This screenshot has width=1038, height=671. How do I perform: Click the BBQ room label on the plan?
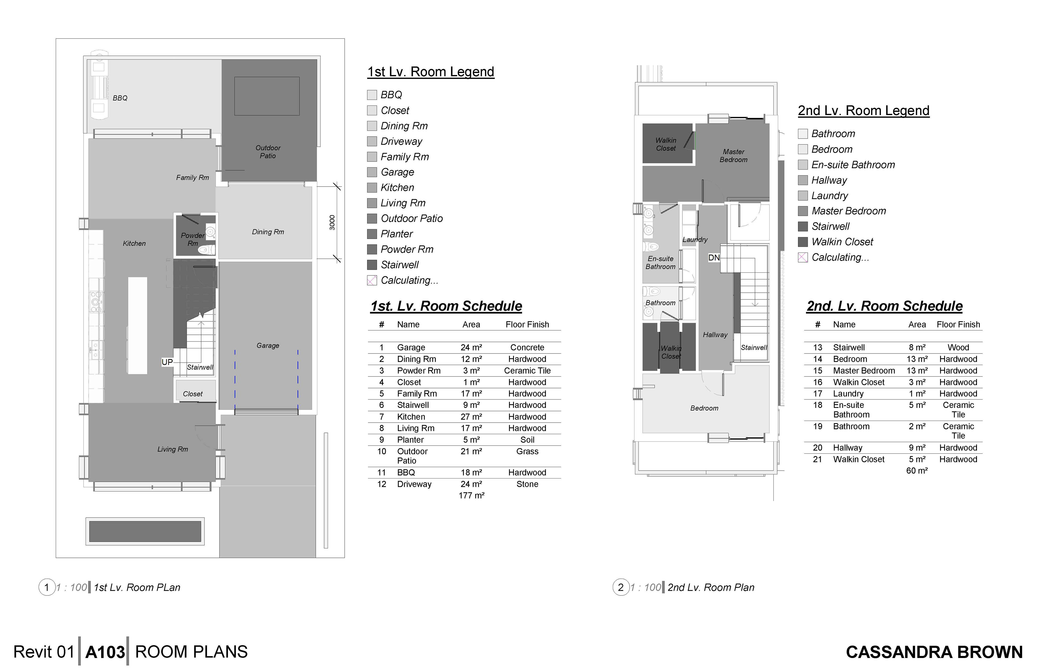[x=120, y=98]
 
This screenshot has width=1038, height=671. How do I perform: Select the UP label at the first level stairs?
[x=167, y=362]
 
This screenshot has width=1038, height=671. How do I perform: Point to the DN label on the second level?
[x=714, y=258]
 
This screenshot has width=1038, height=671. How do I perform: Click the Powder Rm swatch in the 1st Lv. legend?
[x=372, y=250]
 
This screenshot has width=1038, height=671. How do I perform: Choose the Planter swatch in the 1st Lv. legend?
[x=372, y=234]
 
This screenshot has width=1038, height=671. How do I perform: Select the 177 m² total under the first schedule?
[x=471, y=495]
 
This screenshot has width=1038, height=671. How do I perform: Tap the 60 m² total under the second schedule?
[x=917, y=471]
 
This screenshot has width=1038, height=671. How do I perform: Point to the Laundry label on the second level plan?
[x=695, y=240]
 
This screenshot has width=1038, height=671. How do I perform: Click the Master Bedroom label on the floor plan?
[x=734, y=156]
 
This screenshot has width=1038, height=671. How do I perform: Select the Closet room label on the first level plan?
[x=193, y=394]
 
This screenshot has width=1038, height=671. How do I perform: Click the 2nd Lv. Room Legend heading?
[x=864, y=111]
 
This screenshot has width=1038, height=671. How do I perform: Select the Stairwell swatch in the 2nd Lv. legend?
[x=803, y=227]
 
